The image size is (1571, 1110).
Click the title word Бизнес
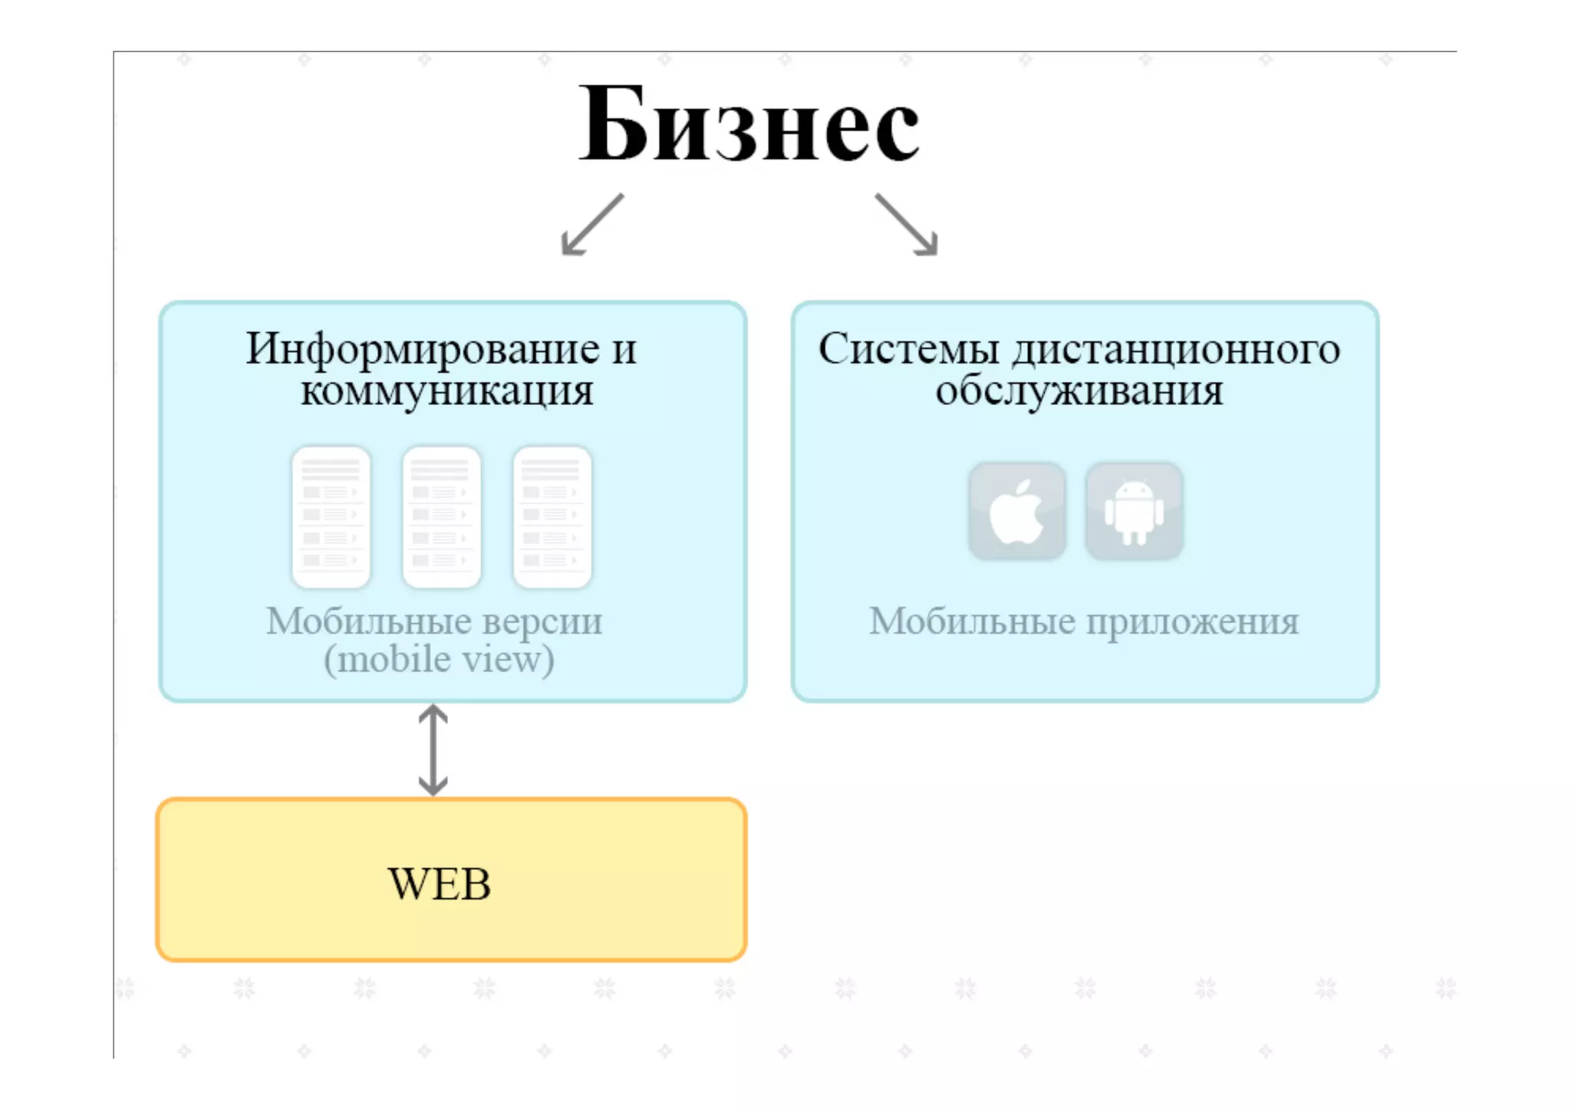pyautogui.click(x=749, y=125)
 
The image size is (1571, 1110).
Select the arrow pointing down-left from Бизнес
pyautogui.click(x=591, y=224)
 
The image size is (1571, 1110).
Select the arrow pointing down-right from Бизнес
pyautogui.click(x=907, y=224)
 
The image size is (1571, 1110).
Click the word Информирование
pyautogui.click(x=423, y=349)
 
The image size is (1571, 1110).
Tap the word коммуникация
pyautogui.click(x=446, y=391)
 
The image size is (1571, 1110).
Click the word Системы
pyautogui.click(x=908, y=349)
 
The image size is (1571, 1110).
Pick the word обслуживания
pyautogui.click(x=1079, y=391)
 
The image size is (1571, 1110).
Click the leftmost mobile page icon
pyautogui.click(x=331, y=516)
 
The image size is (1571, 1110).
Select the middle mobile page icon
pyautogui.click(x=442, y=516)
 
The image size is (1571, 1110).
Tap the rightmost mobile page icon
pyautogui.click(x=552, y=516)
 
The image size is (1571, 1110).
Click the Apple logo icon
pyautogui.click(x=1016, y=512)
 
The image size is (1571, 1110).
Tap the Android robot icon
pyautogui.click(x=1134, y=512)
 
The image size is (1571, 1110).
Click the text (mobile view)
pyautogui.click(x=439, y=660)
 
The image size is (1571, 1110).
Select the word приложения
pyautogui.click(x=1192, y=621)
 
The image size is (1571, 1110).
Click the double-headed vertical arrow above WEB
pyautogui.click(x=433, y=749)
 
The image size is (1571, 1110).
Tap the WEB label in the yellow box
pyautogui.click(x=440, y=884)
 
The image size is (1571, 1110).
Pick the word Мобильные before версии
pyautogui.click(x=368, y=621)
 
